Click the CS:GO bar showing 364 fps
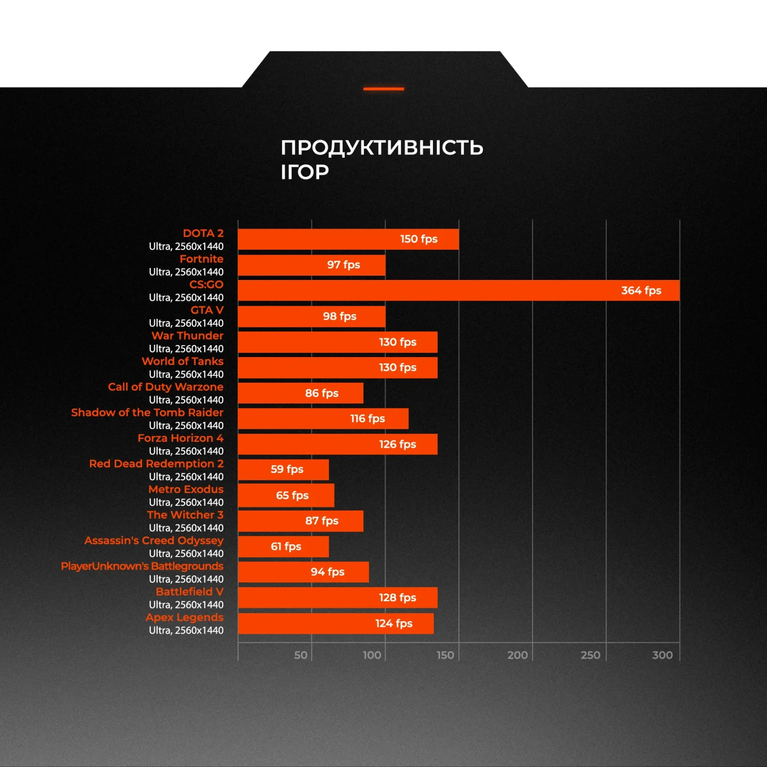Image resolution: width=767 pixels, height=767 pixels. (458, 291)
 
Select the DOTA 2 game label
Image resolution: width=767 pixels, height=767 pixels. (203, 233)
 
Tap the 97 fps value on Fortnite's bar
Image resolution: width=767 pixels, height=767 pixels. (343, 265)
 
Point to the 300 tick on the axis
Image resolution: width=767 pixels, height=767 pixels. (662, 655)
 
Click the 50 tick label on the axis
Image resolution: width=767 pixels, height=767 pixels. (301, 655)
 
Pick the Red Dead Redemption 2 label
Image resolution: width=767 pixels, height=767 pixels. (156, 464)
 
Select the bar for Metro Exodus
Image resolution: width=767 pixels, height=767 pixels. (286, 495)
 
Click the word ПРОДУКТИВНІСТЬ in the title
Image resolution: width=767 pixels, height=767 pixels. (382, 148)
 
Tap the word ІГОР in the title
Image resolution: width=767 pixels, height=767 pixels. (305, 172)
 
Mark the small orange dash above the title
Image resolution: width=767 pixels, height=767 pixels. (383, 89)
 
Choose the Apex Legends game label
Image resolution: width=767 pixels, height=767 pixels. (185, 617)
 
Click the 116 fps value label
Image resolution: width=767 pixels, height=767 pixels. (367, 418)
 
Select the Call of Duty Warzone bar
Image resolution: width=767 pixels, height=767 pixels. (300, 393)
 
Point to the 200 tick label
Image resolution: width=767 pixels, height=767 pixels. (517, 655)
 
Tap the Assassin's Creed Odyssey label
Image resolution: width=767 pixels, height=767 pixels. (154, 540)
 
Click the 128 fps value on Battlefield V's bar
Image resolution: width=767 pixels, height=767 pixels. (397, 597)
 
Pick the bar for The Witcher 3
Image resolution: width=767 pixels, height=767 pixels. (300, 521)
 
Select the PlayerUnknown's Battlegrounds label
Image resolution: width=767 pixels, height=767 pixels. (142, 566)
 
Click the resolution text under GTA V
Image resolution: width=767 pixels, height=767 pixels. (186, 323)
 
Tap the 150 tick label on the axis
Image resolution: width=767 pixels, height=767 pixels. (445, 655)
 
